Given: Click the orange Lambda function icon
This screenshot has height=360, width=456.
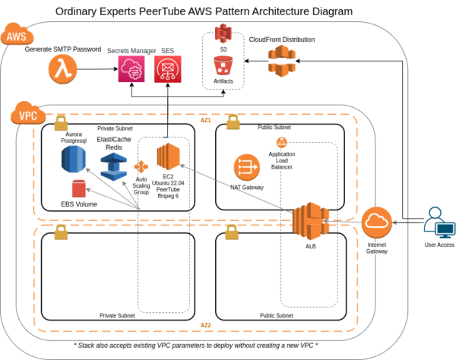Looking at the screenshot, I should (x=62, y=71).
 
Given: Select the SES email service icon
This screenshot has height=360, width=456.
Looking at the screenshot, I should (x=166, y=71).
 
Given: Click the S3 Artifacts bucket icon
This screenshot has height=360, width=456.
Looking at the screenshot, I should (x=223, y=65).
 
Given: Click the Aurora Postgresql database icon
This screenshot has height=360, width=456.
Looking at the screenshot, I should (x=74, y=161).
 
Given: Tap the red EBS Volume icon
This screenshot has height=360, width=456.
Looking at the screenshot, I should (x=79, y=189).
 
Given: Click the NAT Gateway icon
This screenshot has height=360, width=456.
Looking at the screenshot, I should (x=246, y=166).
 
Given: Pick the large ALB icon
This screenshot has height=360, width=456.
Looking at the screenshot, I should (x=309, y=222).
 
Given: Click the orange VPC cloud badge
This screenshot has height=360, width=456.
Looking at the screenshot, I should (x=26, y=116).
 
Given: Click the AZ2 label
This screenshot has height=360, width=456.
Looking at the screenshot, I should (x=206, y=325).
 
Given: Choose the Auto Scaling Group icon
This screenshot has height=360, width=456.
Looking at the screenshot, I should (x=141, y=166).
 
